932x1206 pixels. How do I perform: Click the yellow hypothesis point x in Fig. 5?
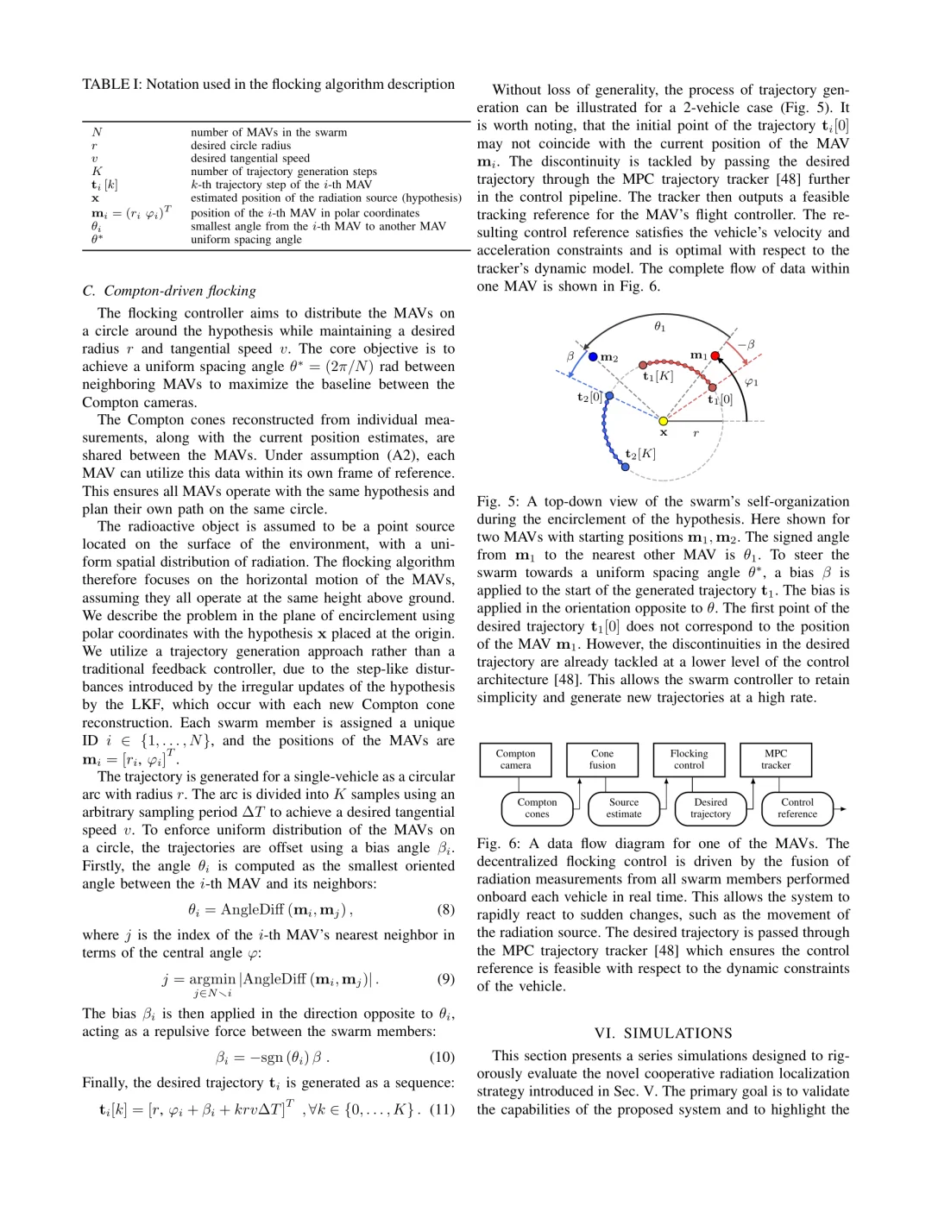663,421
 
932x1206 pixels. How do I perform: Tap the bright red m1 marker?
715,355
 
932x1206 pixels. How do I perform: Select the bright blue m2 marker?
593,356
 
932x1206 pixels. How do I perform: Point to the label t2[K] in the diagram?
640,454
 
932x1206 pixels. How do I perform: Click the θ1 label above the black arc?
659,326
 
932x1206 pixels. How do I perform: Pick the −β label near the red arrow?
746,344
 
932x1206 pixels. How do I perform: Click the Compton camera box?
515,759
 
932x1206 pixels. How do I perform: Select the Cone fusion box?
602,759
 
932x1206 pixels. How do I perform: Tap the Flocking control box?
689,759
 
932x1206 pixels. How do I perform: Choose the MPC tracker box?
775,759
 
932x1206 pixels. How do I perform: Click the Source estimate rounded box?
624,808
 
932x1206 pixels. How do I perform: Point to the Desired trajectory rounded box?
710,808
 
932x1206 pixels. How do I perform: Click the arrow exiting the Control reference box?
841,809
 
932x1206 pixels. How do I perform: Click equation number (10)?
442,1057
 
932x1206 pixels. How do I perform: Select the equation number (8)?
445,909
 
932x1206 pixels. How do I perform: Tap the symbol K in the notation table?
97,172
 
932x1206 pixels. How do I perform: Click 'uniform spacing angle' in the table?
246,240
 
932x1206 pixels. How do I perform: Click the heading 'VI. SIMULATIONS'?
663,1033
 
